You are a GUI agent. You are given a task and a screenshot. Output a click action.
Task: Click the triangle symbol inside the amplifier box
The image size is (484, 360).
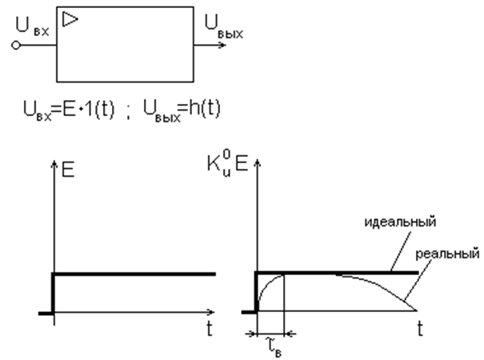70,19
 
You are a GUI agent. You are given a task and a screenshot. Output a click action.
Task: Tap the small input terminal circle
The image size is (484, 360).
16,46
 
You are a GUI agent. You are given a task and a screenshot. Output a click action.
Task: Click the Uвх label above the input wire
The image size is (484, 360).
32,26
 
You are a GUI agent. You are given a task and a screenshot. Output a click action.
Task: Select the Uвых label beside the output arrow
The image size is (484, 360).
224,26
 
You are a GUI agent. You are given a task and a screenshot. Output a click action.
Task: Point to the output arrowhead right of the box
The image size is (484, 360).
222,46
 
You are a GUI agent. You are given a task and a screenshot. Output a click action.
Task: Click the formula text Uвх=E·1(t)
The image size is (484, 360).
69,110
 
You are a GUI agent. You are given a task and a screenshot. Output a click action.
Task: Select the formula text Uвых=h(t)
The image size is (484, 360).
182,110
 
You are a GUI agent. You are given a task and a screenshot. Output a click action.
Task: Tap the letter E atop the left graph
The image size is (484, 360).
68,170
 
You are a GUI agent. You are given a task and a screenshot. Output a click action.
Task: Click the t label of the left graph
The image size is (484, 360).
210,329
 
